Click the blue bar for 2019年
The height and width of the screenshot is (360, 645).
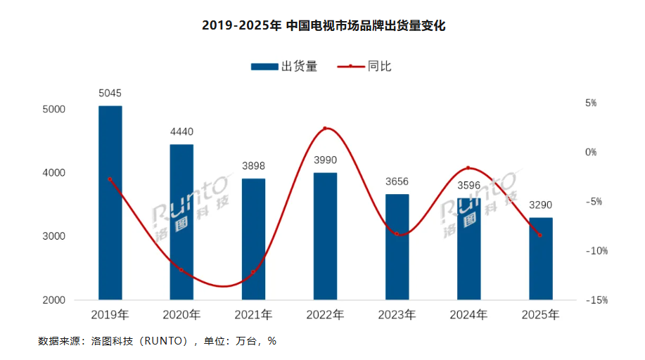point(110,204)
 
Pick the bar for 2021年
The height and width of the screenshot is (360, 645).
point(253,239)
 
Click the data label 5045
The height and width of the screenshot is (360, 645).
point(110,93)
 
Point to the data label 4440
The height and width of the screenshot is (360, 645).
point(181,131)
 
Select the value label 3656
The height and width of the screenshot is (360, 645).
point(397,181)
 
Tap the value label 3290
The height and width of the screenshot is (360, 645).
point(540,205)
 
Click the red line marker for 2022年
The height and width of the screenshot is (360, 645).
point(325,129)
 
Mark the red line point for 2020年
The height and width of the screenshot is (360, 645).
point(181,269)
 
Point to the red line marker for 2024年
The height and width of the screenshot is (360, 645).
point(468,168)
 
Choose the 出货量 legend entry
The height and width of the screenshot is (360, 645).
point(284,67)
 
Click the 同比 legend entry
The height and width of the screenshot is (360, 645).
point(366,67)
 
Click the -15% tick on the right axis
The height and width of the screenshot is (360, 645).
point(597,300)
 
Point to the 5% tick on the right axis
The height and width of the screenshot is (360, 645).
point(591,103)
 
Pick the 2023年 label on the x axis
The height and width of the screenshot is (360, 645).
point(397,315)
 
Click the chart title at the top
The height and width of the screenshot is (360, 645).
point(324,26)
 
